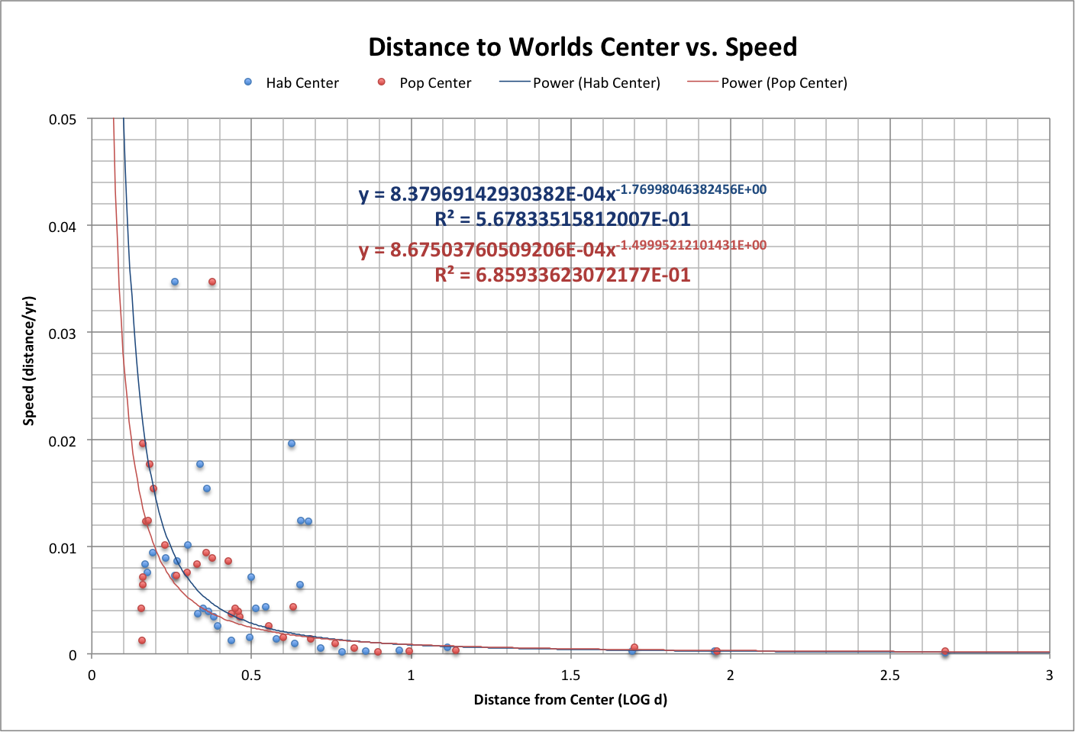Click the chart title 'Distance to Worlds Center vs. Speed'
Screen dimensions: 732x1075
click(x=583, y=47)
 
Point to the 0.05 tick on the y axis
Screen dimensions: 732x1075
click(x=63, y=120)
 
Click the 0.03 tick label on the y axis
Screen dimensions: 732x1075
click(x=63, y=334)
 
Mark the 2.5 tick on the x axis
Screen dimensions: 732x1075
click(x=889, y=676)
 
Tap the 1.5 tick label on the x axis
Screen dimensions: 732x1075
click(x=570, y=676)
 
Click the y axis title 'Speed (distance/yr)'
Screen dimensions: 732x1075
click(x=29, y=360)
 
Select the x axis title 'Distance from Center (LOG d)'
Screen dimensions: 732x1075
click(x=570, y=700)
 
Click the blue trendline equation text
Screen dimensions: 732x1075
click(x=563, y=193)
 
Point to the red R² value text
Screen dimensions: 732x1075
click(x=563, y=275)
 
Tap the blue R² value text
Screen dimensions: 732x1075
click(x=563, y=220)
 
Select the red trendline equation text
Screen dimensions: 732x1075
click(x=563, y=249)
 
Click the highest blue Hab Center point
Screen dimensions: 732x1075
click(x=175, y=282)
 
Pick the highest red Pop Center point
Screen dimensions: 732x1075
click(x=212, y=282)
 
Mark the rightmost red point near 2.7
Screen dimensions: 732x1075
click(x=945, y=651)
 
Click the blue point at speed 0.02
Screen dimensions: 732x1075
click(x=291, y=443)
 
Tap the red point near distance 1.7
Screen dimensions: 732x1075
click(x=634, y=647)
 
